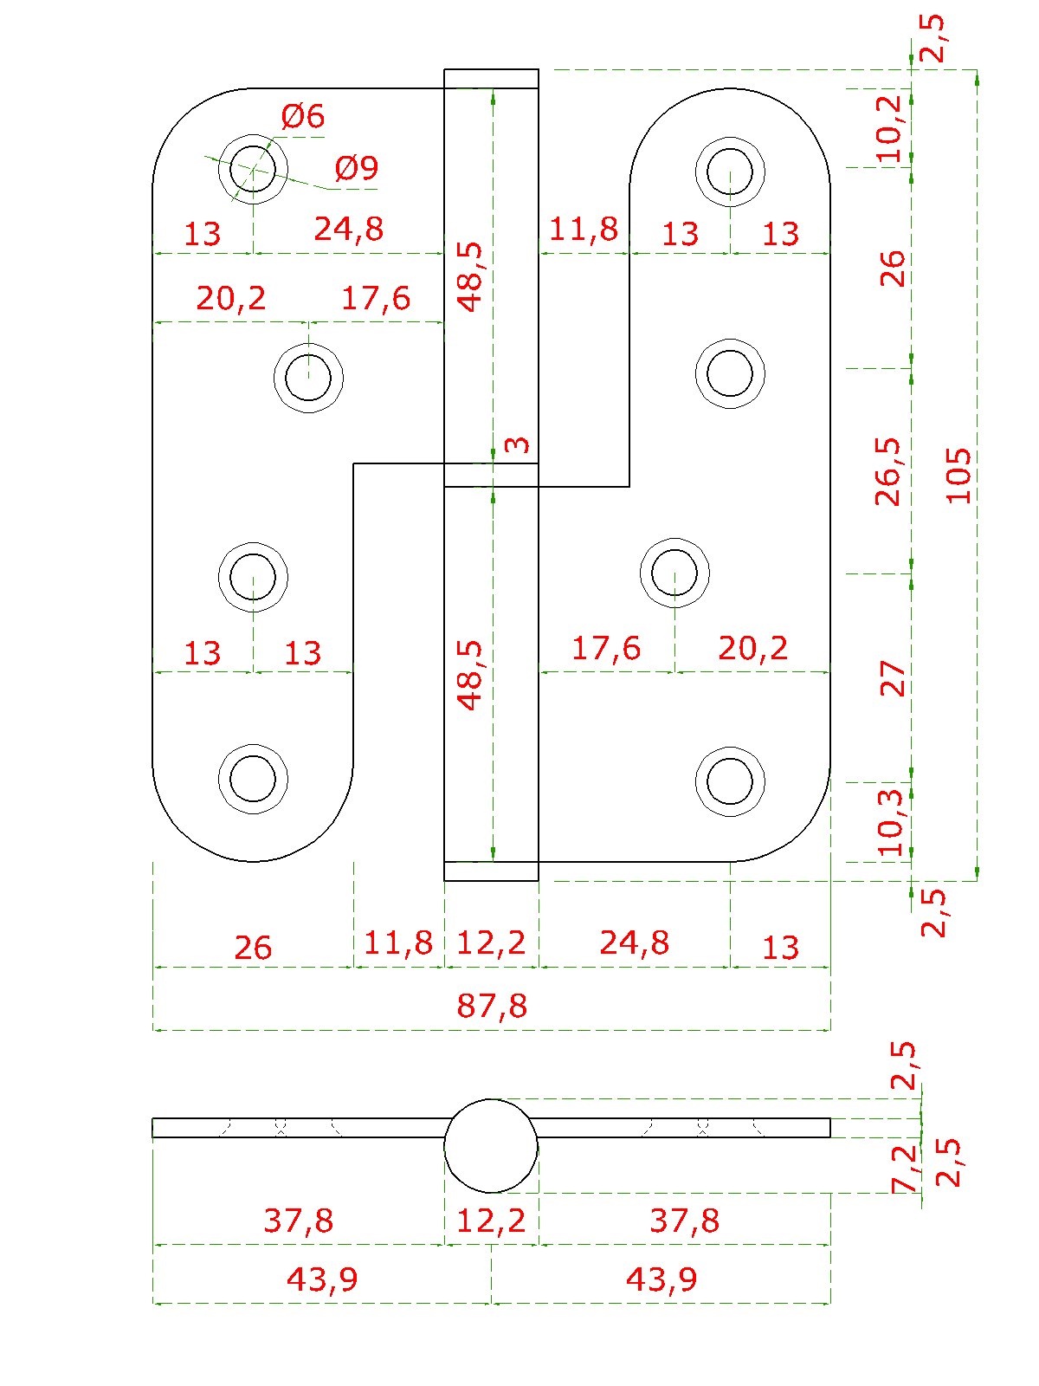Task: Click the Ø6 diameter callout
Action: (302, 116)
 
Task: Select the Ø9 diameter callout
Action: (356, 168)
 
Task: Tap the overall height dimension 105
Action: (958, 475)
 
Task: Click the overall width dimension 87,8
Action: (492, 1006)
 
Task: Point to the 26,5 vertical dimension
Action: (888, 472)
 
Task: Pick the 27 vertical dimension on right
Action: (892, 678)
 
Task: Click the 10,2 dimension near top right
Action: (888, 128)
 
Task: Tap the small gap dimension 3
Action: (517, 444)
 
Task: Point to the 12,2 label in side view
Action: (491, 1221)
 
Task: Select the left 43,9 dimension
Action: (322, 1279)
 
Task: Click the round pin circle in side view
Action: (491, 1146)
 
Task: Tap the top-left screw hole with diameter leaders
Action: (253, 168)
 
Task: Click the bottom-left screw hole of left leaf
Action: (253, 778)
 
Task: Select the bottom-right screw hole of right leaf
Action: (730, 780)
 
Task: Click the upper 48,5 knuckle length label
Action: (471, 276)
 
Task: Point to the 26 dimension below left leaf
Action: (253, 947)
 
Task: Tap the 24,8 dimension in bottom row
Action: (634, 942)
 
